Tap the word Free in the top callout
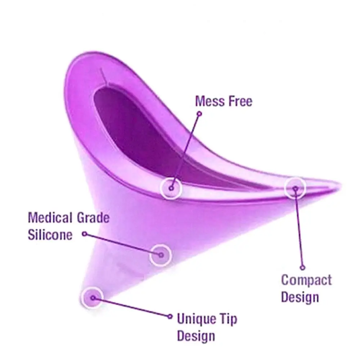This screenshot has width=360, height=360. click(238, 101)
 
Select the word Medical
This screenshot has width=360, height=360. click(50, 218)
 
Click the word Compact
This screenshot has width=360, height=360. click(306, 280)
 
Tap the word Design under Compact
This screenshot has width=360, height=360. click(300, 297)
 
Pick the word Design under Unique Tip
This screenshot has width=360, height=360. click(196, 336)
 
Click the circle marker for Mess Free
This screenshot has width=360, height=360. click(171, 188)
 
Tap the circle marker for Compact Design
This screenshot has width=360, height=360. click(295, 188)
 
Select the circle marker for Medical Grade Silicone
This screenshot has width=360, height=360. click(161, 255)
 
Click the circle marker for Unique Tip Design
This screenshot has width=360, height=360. click(93, 298)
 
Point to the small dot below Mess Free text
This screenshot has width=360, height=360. click(199, 113)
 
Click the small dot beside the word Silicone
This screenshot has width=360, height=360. click(84, 234)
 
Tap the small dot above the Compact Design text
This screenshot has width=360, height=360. click(302, 267)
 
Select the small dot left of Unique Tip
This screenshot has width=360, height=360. click(170, 316)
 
